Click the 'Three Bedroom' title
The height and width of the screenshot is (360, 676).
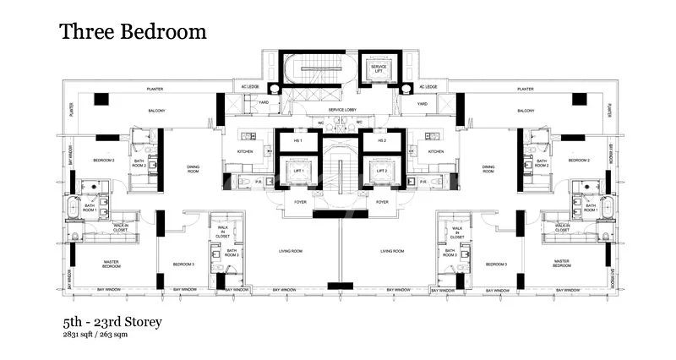point(133,32)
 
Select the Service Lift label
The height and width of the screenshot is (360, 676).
point(373,68)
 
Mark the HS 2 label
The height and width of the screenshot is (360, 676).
point(382,140)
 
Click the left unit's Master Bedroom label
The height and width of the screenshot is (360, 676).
point(110,264)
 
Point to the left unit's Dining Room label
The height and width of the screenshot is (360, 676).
point(193,169)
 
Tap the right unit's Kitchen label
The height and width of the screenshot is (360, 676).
point(436,151)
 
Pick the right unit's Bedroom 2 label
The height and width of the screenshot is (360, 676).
point(578,160)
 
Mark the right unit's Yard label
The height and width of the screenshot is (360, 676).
point(422,104)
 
